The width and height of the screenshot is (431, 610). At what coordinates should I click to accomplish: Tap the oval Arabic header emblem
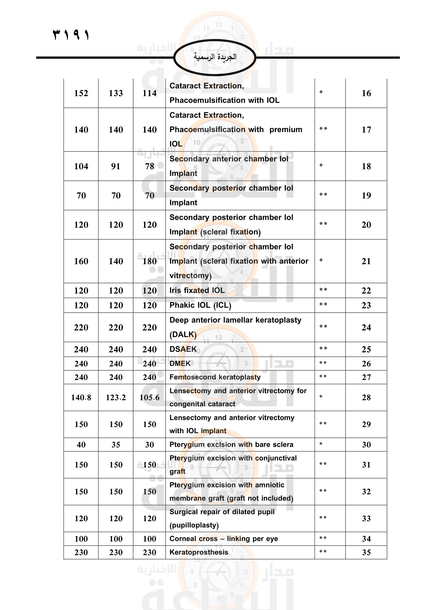[215, 57]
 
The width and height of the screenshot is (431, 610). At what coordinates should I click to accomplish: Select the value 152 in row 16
[81, 93]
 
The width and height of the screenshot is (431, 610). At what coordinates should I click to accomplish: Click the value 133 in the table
[116, 93]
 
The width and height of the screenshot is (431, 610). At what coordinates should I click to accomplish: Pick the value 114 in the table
[149, 93]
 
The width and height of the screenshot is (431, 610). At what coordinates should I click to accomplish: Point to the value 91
[116, 166]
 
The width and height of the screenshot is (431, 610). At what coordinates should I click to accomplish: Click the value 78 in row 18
[149, 166]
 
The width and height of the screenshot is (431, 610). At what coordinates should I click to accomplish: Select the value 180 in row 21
[149, 261]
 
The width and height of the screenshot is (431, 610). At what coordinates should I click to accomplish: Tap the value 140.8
[81, 397]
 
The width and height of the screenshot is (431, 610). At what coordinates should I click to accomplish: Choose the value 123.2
[116, 397]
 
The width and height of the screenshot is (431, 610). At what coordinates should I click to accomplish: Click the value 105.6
[149, 397]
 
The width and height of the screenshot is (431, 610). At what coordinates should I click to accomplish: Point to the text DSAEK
[183, 349]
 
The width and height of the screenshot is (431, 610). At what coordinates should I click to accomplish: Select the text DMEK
[180, 364]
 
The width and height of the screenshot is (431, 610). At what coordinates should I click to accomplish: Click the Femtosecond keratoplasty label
[215, 377]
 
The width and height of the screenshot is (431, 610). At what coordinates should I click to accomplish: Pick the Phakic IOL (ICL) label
[200, 305]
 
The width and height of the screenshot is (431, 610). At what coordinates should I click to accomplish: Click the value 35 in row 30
[116, 444]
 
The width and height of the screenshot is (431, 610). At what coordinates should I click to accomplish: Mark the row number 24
[366, 327]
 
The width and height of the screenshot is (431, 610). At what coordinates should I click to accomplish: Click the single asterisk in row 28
[321, 397]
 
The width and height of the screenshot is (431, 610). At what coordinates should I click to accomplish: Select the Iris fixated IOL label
[197, 290]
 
